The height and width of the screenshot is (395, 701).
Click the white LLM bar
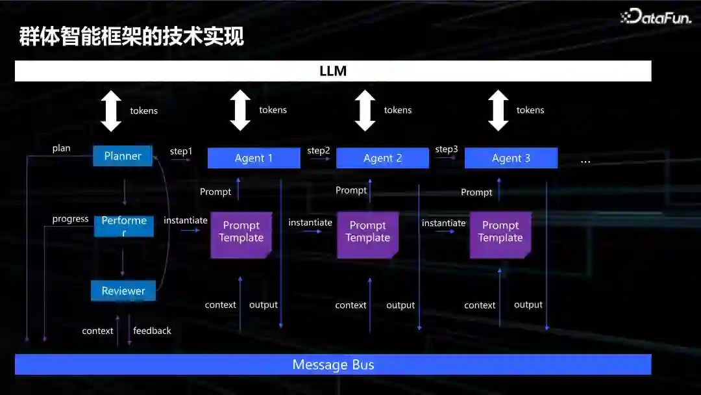click(333, 71)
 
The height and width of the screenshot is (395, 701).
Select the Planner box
click(123, 156)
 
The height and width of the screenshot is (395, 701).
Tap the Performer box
click(124, 226)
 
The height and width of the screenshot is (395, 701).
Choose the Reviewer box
click(123, 291)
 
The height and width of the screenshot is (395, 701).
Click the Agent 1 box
click(254, 158)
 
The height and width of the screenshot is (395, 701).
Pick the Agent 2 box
click(382, 158)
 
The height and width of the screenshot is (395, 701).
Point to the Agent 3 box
click(511, 158)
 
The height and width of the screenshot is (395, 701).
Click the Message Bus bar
click(333, 364)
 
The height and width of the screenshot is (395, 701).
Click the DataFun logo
click(656, 17)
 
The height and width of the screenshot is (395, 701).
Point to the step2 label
click(319, 151)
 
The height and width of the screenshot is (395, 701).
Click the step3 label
click(447, 149)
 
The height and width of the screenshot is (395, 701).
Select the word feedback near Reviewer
click(153, 331)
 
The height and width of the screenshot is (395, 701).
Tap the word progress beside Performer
click(71, 219)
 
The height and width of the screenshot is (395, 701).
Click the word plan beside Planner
click(62, 148)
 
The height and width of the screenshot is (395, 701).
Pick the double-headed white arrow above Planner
click(111, 111)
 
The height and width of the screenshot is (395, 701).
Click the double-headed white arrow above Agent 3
click(498, 110)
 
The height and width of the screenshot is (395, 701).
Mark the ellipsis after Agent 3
click(585, 160)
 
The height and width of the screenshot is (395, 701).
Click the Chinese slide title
click(131, 37)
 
